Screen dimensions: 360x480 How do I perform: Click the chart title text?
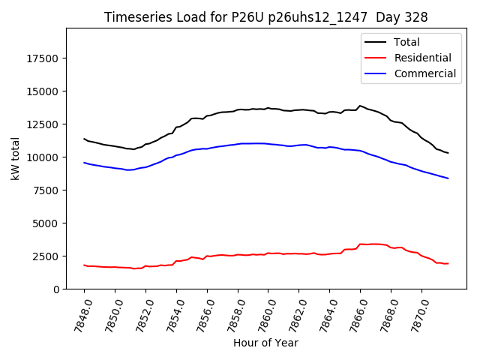coord(265,17)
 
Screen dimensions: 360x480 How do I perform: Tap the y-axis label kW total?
coord(15,158)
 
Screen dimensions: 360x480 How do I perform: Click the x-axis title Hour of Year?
coord(265,343)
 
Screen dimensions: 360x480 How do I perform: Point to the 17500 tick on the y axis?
coord(43,58)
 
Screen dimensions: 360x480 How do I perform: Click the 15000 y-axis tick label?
coord(43,91)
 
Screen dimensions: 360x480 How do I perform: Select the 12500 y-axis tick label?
coord(43,124)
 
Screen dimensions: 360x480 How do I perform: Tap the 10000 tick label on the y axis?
coord(43,157)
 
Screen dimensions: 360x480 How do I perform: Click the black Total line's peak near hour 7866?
coord(360,106)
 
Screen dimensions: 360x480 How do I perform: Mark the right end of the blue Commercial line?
coord(448,178)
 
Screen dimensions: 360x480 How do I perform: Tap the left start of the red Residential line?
coord(84,265)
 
